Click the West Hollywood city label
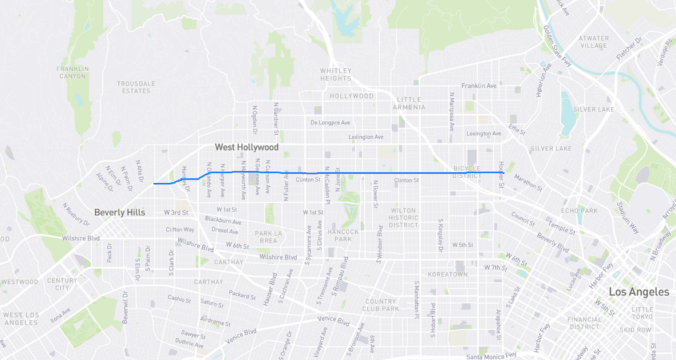click(x=246, y=147)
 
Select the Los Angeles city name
click(x=638, y=292)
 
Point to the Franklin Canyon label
click(x=72, y=72)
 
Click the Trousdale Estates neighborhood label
click(x=136, y=87)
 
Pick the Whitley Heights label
click(x=336, y=75)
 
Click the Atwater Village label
click(x=593, y=42)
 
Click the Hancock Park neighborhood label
click(x=343, y=234)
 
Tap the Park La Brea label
click(x=269, y=236)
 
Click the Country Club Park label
click(x=381, y=305)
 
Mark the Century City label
click(x=62, y=284)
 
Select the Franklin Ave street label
click(x=479, y=86)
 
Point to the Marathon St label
click(x=527, y=179)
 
